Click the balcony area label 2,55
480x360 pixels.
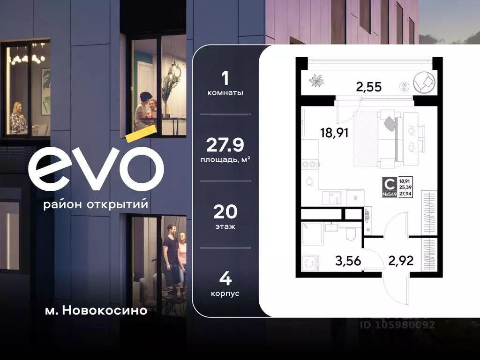[x=368, y=87]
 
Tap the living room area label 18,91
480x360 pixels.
[x=334, y=133]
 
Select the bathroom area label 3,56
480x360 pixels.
[x=348, y=261]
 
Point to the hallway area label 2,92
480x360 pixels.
[x=400, y=261]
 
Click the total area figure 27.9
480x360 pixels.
[x=225, y=146]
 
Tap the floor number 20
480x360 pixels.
[x=225, y=212]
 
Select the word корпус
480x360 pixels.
[x=225, y=293]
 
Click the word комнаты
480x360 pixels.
[x=225, y=93]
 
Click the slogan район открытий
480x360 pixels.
[x=96, y=205]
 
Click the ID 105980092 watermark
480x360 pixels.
[x=397, y=324]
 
